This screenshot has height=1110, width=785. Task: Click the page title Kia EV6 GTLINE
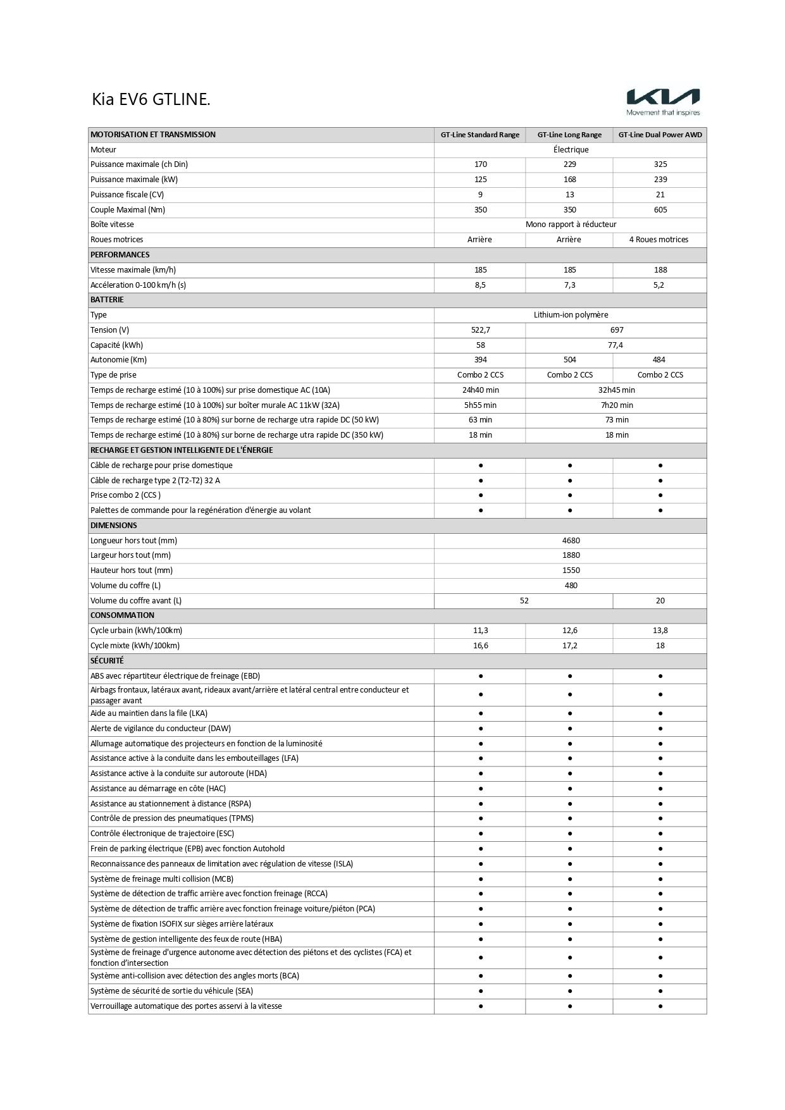[x=151, y=99]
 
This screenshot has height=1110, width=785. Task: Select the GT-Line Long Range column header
[x=569, y=135]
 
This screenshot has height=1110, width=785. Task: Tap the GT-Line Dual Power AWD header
[x=660, y=135]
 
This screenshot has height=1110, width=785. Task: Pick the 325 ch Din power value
[x=660, y=164]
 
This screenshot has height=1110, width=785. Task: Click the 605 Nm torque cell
[x=660, y=210]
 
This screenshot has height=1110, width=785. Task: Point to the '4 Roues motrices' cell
[x=658, y=240]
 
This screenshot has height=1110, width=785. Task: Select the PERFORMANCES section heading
[x=120, y=255]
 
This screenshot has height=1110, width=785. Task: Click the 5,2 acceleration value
[x=660, y=285]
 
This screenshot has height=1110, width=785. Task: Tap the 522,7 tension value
[x=480, y=330]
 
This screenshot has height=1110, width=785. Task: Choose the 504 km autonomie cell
[x=569, y=360]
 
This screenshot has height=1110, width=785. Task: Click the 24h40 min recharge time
[x=480, y=390]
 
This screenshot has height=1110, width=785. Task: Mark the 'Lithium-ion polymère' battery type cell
[x=571, y=315]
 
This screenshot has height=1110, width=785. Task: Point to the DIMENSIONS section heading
[x=114, y=526]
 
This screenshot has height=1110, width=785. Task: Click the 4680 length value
[x=571, y=541]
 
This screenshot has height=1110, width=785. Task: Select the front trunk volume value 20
[x=660, y=601]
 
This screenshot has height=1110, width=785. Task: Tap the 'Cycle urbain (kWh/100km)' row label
[x=136, y=631]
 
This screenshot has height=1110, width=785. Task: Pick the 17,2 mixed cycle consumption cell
[x=569, y=646]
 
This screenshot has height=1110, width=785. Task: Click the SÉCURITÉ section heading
[x=107, y=661]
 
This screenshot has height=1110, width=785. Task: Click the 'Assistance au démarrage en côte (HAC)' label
[x=158, y=789]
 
